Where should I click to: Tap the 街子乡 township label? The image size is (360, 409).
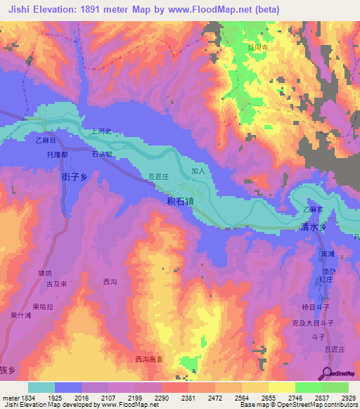point(74,178)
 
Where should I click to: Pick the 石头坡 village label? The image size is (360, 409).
point(103,152)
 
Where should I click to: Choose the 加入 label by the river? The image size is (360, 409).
point(198,171)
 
